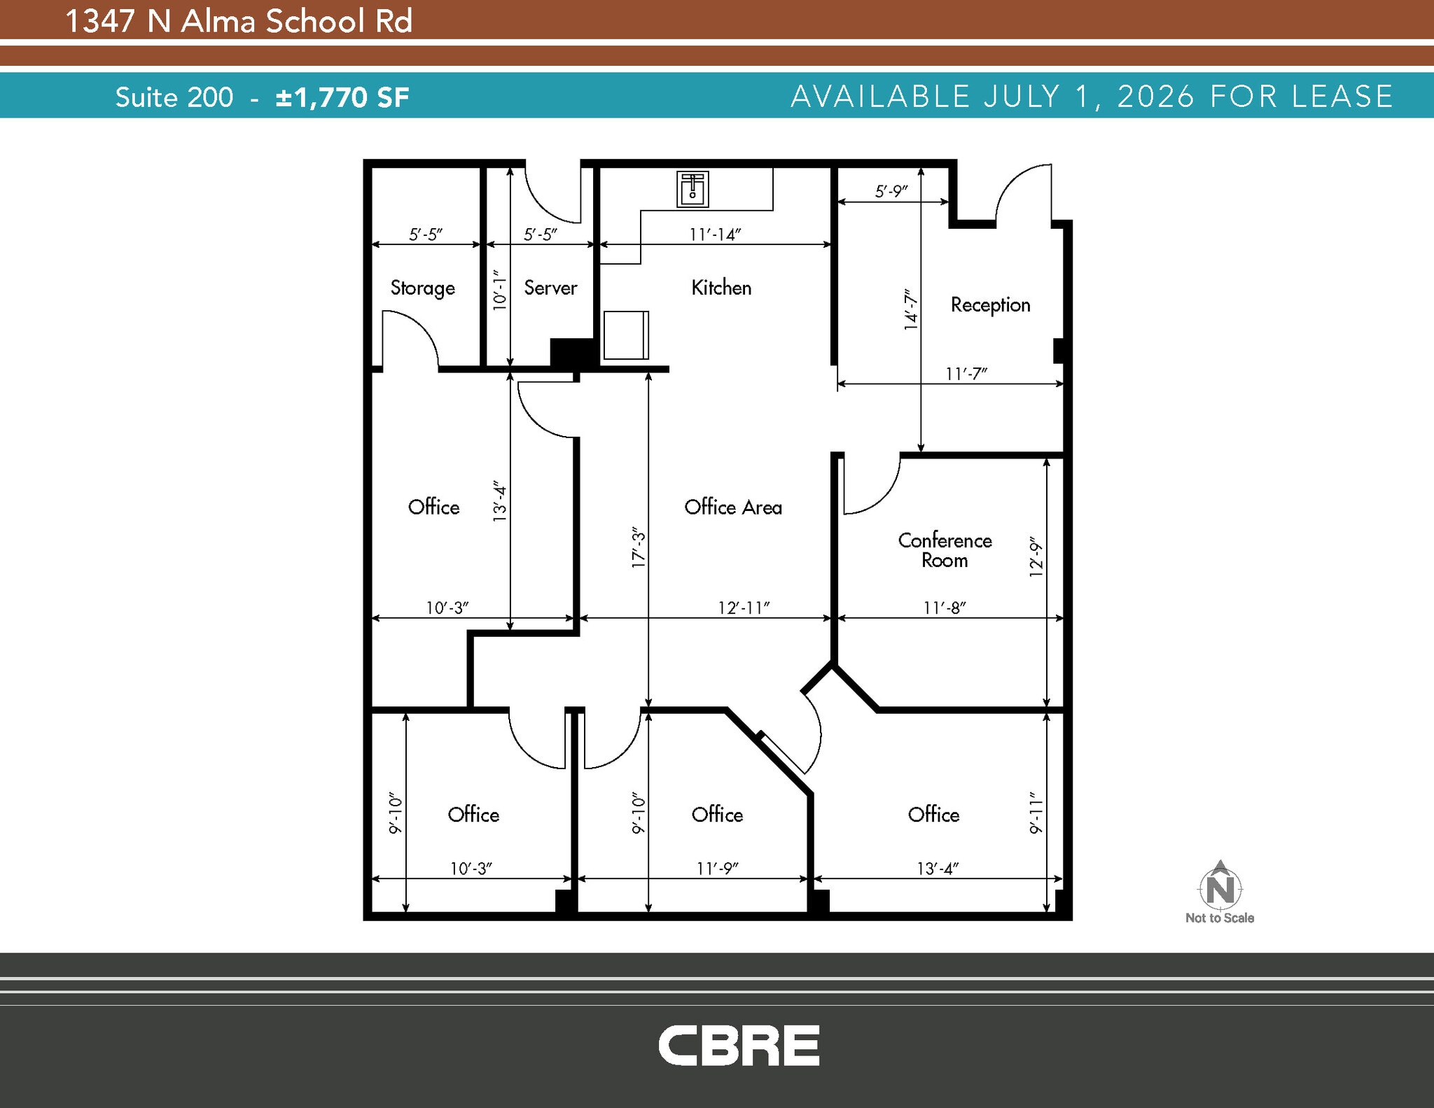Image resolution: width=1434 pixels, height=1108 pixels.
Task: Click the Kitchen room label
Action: (721, 288)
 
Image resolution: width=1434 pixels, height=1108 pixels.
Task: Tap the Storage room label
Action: (422, 288)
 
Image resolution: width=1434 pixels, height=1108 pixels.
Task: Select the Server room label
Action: (550, 288)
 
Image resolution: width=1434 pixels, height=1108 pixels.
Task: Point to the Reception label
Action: (990, 305)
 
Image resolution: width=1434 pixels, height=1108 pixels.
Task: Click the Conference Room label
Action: (945, 550)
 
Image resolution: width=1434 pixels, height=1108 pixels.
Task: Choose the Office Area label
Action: (733, 507)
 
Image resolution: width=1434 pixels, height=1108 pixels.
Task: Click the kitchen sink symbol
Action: (692, 189)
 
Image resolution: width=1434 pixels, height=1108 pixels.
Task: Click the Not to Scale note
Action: (1220, 918)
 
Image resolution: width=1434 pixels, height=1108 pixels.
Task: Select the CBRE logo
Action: (739, 1045)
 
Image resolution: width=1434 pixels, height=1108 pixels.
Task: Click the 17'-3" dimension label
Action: (639, 547)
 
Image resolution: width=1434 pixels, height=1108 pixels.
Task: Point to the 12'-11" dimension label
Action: (744, 608)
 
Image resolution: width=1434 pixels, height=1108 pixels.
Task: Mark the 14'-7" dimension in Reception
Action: (910, 309)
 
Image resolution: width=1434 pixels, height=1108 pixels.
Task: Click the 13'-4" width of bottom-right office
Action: (938, 869)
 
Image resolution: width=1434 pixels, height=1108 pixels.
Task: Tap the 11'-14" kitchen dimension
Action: (715, 234)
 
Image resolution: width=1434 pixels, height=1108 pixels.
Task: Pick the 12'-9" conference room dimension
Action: (1036, 557)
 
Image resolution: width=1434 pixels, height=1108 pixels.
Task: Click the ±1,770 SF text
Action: (342, 97)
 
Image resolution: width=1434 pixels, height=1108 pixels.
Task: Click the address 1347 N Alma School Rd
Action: (239, 21)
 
